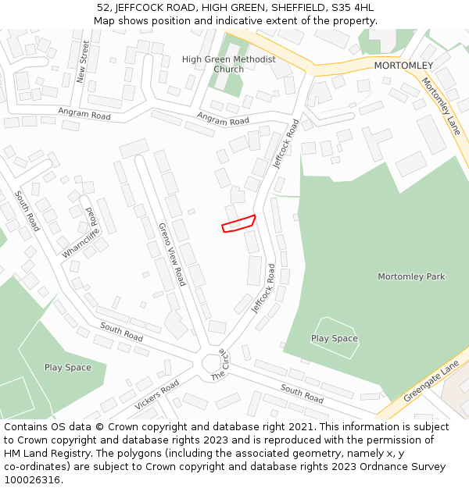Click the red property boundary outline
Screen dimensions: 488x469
[x=238, y=223]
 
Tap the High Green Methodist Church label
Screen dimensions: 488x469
[x=228, y=64]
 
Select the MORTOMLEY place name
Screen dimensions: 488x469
[x=403, y=66]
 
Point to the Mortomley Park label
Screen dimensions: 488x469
[x=411, y=276]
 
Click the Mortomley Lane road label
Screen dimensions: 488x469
[x=441, y=105]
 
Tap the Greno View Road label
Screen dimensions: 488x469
[x=172, y=255]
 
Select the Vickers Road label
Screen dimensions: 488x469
[x=156, y=394]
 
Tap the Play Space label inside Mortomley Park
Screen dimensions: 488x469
[x=335, y=338]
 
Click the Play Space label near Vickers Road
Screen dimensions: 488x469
[x=67, y=367]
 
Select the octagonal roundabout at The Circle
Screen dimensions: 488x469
[x=211, y=363]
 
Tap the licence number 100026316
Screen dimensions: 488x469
[x=32, y=480]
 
